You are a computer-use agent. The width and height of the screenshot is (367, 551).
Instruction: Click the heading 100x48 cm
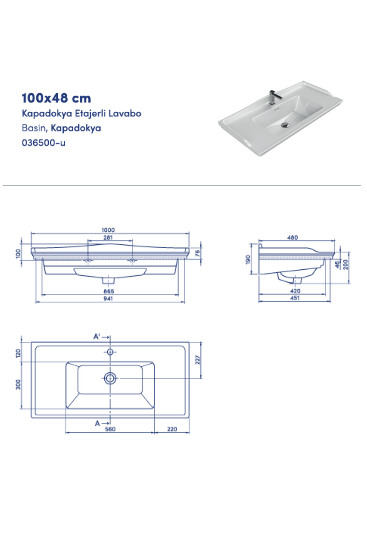click(56, 98)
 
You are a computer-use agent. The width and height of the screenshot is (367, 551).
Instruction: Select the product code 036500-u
click(43, 143)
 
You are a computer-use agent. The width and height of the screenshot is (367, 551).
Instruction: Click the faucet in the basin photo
click(273, 97)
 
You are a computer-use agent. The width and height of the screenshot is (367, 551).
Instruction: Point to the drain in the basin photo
click(285, 125)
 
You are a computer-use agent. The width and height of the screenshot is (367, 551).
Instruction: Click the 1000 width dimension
click(108, 230)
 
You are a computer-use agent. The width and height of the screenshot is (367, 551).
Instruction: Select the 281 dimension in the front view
click(108, 237)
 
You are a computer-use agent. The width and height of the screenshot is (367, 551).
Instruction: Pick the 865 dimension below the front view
click(109, 291)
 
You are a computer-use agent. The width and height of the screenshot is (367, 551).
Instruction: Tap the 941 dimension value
click(108, 298)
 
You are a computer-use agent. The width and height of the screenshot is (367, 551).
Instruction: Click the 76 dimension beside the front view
click(198, 253)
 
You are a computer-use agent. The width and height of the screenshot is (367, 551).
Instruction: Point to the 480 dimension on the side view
click(292, 237)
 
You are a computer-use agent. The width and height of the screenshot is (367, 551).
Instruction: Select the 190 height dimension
click(248, 259)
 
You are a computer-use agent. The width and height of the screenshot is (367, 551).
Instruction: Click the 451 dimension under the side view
click(295, 298)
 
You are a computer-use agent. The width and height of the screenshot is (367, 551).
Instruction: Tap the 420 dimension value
click(295, 290)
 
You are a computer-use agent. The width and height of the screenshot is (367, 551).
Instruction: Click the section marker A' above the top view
click(97, 337)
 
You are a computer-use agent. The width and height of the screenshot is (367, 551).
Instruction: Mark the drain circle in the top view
click(110, 378)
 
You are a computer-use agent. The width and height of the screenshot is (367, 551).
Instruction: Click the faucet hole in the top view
click(110, 352)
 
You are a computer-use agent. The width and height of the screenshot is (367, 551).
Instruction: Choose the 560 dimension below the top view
click(110, 429)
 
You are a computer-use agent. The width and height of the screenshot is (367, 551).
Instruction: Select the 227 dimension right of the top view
click(198, 360)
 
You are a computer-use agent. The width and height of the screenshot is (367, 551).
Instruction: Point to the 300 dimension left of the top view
click(18, 384)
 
